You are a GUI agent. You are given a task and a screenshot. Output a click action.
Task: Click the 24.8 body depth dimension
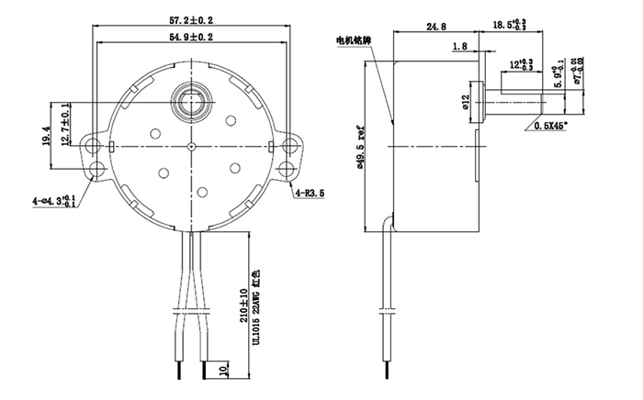(437, 27)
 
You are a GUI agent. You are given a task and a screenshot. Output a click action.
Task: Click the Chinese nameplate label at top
(354, 40)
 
